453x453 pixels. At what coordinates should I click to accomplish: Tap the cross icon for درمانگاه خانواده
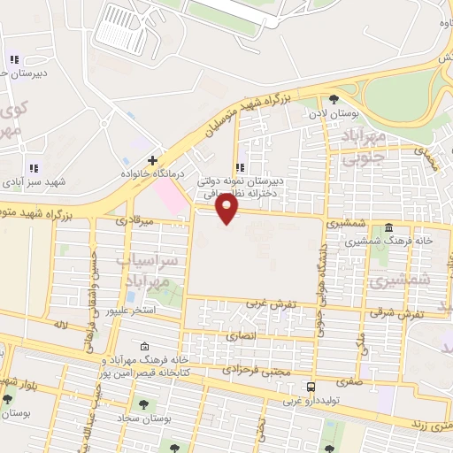(x=153, y=161)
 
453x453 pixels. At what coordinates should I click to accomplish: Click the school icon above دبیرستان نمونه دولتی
(x=239, y=167)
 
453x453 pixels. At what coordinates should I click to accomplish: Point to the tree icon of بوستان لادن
(x=334, y=99)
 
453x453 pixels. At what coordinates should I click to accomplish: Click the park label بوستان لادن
(x=333, y=113)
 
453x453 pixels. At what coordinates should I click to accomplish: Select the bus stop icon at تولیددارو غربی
(x=311, y=387)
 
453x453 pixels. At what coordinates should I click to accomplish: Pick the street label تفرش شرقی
(x=396, y=313)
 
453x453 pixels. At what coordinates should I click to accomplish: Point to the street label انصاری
(x=240, y=336)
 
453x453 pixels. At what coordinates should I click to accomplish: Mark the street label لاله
(x=61, y=326)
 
